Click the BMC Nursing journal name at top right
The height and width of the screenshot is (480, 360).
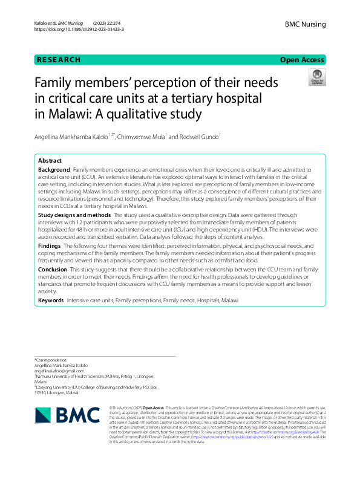click(305, 24)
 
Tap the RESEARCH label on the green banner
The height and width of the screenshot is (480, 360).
click(59, 60)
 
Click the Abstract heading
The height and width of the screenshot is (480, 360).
click(50, 161)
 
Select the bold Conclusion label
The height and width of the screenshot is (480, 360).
click(52, 269)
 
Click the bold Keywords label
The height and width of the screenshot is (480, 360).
click(51, 300)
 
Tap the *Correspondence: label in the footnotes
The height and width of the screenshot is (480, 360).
click(52, 360)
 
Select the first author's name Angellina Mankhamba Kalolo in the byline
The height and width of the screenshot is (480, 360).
click(76, 137)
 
